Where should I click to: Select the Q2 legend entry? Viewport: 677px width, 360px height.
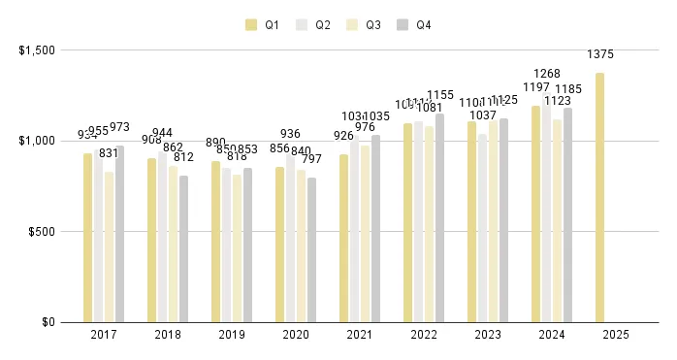pos(314,24)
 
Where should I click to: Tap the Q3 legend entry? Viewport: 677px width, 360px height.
pos(365,24)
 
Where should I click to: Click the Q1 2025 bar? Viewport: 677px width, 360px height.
pos(599,198)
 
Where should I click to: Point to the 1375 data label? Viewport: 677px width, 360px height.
pos(599,55)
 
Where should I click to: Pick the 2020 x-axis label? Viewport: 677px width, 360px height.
pos(295,336)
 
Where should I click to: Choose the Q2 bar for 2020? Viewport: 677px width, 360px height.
pos(290,239)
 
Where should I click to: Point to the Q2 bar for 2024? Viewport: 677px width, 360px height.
pos(546,213)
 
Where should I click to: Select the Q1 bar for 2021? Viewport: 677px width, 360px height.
pos(343,239)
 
